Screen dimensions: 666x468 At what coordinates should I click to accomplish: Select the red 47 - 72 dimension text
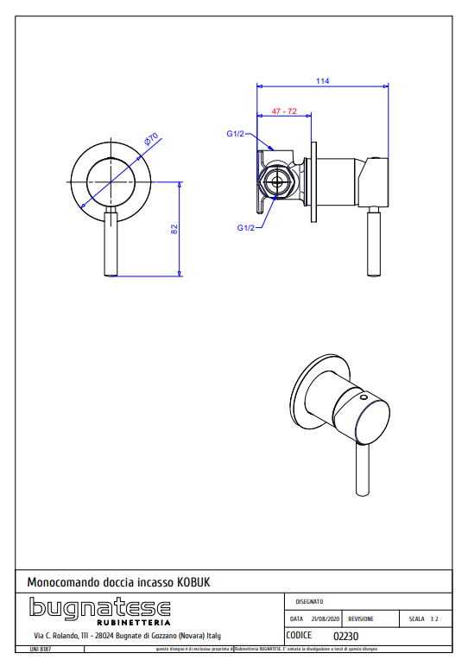pos(284,111)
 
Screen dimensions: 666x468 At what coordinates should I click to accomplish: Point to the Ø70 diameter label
pos(149,141)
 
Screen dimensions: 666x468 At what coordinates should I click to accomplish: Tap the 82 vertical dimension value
pos(174,230)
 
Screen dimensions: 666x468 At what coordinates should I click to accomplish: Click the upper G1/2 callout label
pos(235,134)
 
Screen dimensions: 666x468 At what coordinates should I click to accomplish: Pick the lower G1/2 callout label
pos(246,228)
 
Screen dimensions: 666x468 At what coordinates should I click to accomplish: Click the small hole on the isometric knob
pos(364,398)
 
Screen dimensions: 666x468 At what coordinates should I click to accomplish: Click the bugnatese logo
pos(100,607)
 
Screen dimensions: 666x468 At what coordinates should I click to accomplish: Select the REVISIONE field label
pos(361,619)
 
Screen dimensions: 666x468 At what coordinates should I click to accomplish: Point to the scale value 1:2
pos(434,619)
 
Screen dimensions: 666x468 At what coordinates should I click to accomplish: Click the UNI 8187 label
pos(41,648)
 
